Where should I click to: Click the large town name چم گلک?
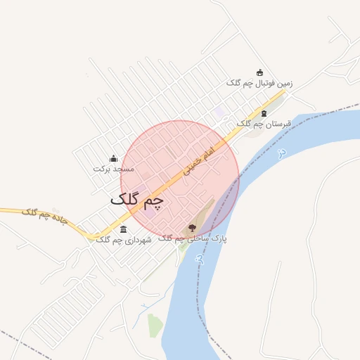[137, 201]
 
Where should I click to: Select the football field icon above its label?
[259, 72]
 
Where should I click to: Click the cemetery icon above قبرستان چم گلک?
[264, 113]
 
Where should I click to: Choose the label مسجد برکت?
[113, 169]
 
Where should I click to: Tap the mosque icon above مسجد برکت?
[113, 158]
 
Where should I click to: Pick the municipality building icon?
[124, 229]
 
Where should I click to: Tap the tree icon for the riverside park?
[192, 228]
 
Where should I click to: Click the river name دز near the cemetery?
[282, 153]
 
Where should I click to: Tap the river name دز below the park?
[199, 259]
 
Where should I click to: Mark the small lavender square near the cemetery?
[221, 112]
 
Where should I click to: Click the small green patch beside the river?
[155, 326]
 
